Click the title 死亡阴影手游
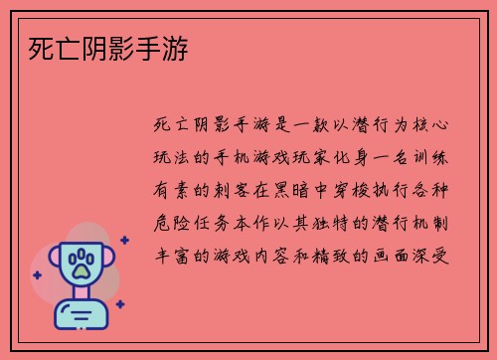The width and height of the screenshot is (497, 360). [105, 47]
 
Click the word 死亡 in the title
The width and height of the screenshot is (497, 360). [42, 47]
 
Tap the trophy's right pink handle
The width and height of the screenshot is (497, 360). [108, 261]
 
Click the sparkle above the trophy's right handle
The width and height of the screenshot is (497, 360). [123, 240]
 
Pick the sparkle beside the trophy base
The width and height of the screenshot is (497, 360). [119, 304]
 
